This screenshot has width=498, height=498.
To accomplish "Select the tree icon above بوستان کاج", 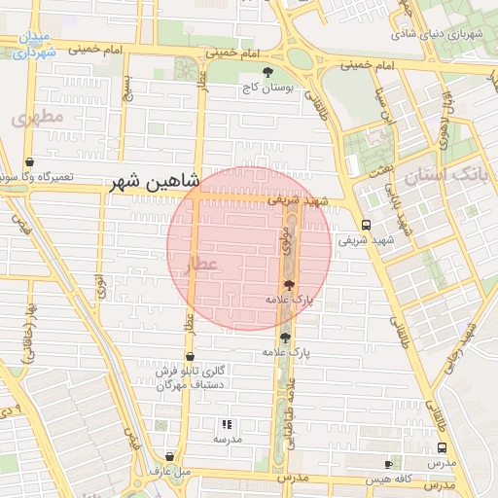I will click(268, 72).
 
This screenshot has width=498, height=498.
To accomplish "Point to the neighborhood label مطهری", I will click(37, 118).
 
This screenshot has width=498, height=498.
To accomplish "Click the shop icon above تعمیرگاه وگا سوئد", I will click(29, 162).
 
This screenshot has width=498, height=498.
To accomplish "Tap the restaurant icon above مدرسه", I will click(227, 424).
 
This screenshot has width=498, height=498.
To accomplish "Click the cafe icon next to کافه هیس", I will click(389, 464).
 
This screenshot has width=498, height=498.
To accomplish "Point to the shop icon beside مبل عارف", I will click(170, 456).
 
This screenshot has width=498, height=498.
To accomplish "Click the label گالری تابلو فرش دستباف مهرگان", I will click(192, 377).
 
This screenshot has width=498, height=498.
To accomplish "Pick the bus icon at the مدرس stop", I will click(443, 448).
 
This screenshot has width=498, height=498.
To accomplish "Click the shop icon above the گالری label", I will click(189, 356).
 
